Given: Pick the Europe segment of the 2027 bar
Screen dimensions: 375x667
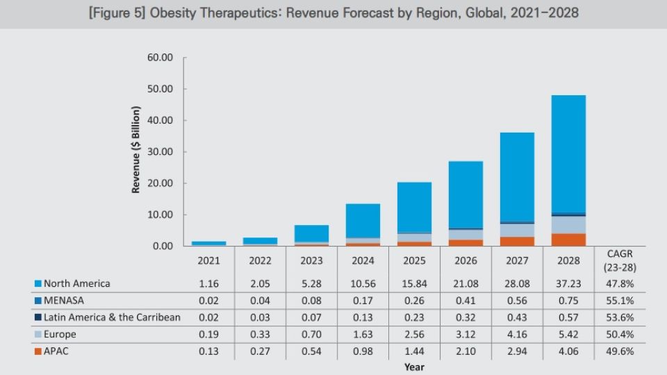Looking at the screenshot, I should point(517,230).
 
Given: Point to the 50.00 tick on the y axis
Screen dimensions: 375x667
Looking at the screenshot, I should point(160,89).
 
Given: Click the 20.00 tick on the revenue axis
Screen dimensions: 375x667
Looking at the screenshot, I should point(160,183).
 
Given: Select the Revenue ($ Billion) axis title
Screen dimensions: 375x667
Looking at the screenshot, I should point(137,150).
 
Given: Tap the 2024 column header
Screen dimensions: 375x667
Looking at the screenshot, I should point(363,260).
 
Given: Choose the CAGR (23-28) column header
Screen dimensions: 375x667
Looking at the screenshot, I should point(619,260).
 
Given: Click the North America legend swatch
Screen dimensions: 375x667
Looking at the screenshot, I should point(38,283).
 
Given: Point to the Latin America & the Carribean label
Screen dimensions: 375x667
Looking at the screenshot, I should point(112,317).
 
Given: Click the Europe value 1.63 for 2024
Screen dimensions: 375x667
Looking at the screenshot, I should point(363,334).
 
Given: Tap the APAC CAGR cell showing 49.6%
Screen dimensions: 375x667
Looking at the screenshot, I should point(619,351).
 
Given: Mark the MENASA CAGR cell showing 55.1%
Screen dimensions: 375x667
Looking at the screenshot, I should point(619,300).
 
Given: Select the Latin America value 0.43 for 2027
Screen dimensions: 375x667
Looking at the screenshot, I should point(517,317).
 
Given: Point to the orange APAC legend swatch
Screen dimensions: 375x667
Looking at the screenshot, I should point(38,351).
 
